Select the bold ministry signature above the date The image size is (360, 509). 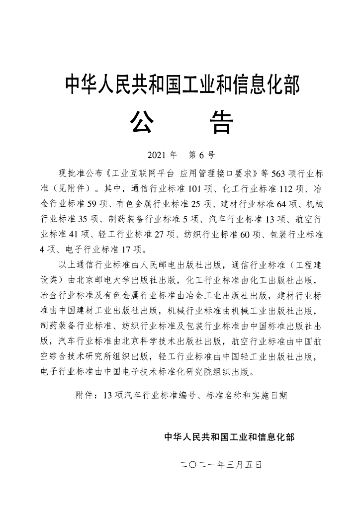(229, 437)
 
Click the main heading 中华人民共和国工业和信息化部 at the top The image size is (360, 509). (182, 85)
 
